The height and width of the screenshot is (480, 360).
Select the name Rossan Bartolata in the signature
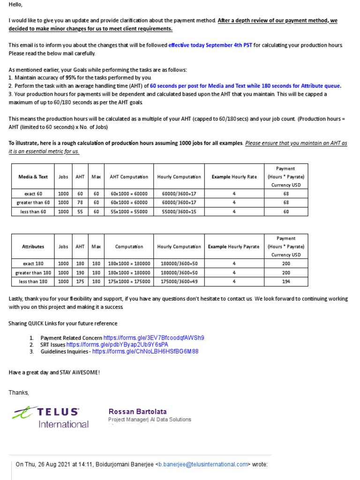(137, 411)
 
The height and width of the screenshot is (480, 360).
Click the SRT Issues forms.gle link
(117, 344)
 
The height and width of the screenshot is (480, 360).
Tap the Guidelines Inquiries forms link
(145, 351)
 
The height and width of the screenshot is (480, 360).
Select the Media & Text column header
(33, 177)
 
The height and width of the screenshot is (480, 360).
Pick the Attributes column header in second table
(33, 247)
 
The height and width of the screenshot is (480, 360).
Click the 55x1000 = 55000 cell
(128, 211)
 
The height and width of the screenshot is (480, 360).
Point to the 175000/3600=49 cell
(179, 281)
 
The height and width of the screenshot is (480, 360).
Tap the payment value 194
(286, 281)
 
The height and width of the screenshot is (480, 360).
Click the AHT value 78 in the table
(80, 202)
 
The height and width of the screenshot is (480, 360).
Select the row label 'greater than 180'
(33, 272)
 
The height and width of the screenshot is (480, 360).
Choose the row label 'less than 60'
(33, 211)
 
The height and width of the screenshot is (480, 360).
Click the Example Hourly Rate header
(234, 177)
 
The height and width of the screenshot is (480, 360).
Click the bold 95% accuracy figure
(71, 77)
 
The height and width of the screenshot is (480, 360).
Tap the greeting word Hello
(15, 5)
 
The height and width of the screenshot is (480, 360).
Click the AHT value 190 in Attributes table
(80, 272)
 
